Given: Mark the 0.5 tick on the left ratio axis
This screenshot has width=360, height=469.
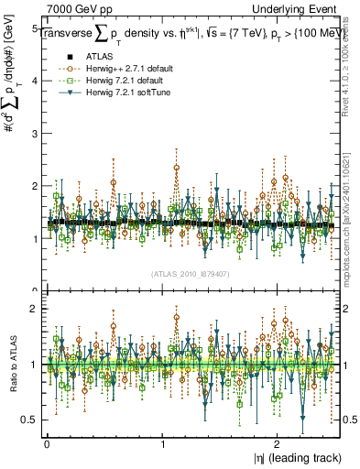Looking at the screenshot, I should pos(30,420).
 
